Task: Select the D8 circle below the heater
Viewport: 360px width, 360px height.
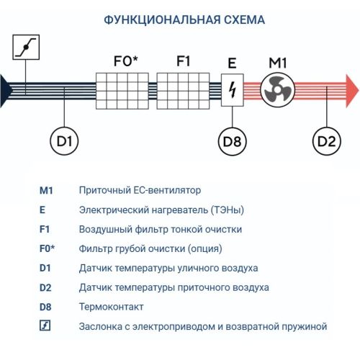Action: pyautogui.click(x=232, y=141)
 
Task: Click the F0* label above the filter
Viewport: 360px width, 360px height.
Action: pyautogui.click(x=125, y=61)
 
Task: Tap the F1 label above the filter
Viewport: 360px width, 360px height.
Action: pyautogui.click(x=184, y=61)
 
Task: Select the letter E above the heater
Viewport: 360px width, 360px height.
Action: pyautogui.click(x=232, y=63)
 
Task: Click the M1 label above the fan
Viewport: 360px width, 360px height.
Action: pyautogui.click(x=278, y=63)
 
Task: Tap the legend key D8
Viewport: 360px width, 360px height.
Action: pyautogui.click(x=46, y=307)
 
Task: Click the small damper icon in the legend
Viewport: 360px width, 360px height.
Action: pyautogui.click(x=45, y=326)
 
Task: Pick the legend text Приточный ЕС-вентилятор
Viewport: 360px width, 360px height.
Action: pyautogui.click(x=140, y=191)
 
